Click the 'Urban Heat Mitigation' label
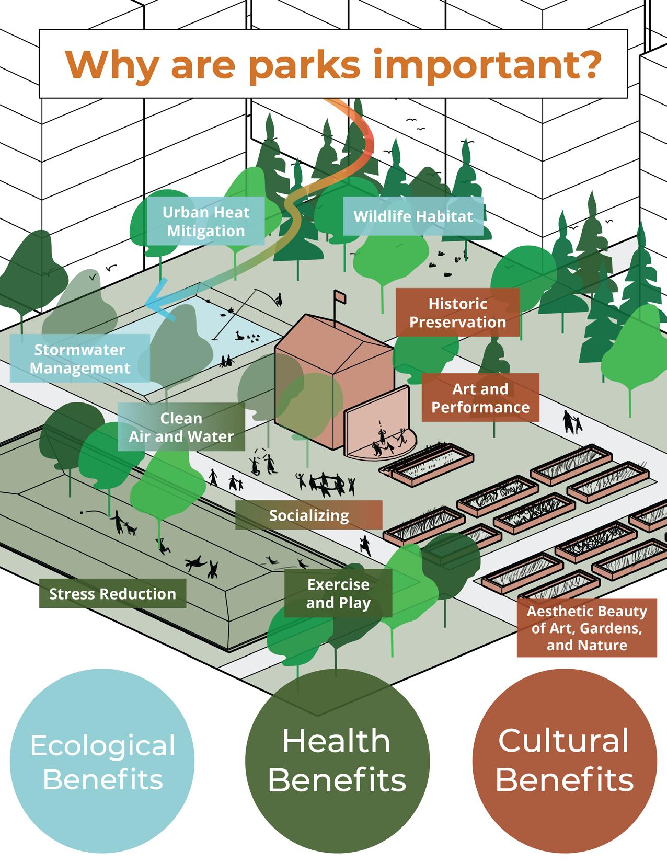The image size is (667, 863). (x=205, y=222)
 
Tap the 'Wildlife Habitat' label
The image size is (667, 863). (x=413, y=216)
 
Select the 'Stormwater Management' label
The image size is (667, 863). (x=80, y=359)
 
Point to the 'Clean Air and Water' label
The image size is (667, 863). (x=181, y=427)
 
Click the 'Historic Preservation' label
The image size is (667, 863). (x=457, y=313)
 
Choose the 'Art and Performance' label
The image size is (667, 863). (x=480, y=398)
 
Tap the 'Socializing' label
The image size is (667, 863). (x=308, y=515)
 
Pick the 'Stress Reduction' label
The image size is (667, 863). (x=112, y=594)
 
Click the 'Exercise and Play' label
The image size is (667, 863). (x=338, y=593)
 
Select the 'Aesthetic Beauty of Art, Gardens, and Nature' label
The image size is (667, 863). (x=586, y=628)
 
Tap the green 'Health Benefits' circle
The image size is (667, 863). (x=337, y=761)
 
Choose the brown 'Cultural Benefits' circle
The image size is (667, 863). (x=565, y=761)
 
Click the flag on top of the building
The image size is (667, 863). (x=340, y=296)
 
